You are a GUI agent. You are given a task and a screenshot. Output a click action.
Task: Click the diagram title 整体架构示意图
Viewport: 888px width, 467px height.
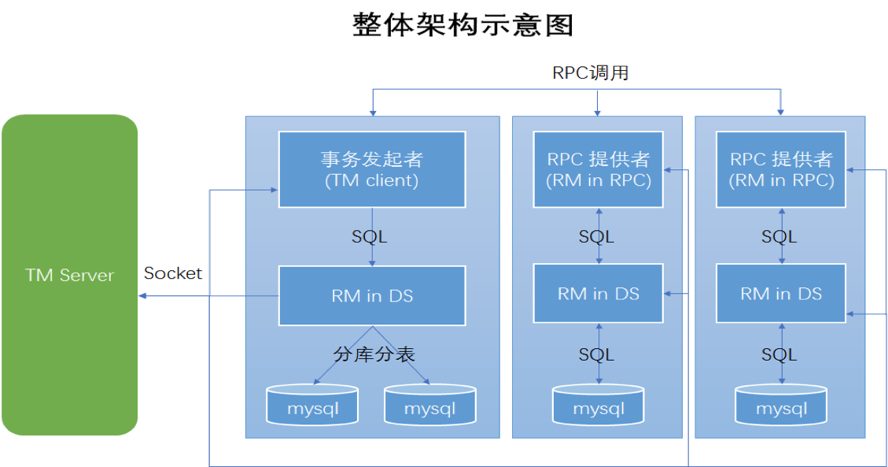[462, 25]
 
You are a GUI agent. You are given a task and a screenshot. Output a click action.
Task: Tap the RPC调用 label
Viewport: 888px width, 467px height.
[591, 72]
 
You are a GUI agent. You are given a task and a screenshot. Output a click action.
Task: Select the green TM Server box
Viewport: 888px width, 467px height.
[70, 275]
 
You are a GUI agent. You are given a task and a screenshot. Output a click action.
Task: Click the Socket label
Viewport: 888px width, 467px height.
[173, 273]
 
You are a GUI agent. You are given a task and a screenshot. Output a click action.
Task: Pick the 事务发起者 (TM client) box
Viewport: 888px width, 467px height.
[372, 169]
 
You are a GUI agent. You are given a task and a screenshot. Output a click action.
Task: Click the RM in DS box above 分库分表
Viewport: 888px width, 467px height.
[372, 295]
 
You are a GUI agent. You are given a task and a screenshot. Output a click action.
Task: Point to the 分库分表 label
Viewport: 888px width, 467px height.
[374, 354]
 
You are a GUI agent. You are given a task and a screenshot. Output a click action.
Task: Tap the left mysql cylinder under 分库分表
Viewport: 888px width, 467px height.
[312, 405]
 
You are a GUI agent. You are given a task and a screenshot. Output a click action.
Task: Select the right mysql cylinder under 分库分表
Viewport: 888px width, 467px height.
[429, 405]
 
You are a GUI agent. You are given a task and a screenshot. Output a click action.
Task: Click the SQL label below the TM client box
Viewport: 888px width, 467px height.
[369, 236]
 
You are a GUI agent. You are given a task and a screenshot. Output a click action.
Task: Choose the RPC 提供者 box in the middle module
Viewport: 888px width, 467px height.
[598, 169]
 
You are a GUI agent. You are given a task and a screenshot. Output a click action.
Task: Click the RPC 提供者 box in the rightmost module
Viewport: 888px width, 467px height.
[781, 169]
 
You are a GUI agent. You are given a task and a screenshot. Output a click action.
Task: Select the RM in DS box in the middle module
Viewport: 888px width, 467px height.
[598, 293]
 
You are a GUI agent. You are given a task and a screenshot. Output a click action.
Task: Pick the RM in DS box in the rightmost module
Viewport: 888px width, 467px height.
[781, 293]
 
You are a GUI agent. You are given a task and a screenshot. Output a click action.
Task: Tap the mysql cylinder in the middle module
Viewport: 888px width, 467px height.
[598, 405]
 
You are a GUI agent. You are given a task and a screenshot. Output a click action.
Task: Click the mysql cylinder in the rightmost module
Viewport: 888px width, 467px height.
[781, 405]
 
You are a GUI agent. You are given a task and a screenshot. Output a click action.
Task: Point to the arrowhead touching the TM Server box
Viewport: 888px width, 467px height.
[142, 296]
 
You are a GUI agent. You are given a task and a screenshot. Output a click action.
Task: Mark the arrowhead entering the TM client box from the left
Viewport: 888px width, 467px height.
[274, 190]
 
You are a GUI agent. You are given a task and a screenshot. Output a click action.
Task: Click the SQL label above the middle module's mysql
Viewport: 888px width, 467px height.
[596, 354]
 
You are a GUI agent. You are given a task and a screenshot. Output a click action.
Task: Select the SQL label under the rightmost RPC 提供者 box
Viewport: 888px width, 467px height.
[779, 236]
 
